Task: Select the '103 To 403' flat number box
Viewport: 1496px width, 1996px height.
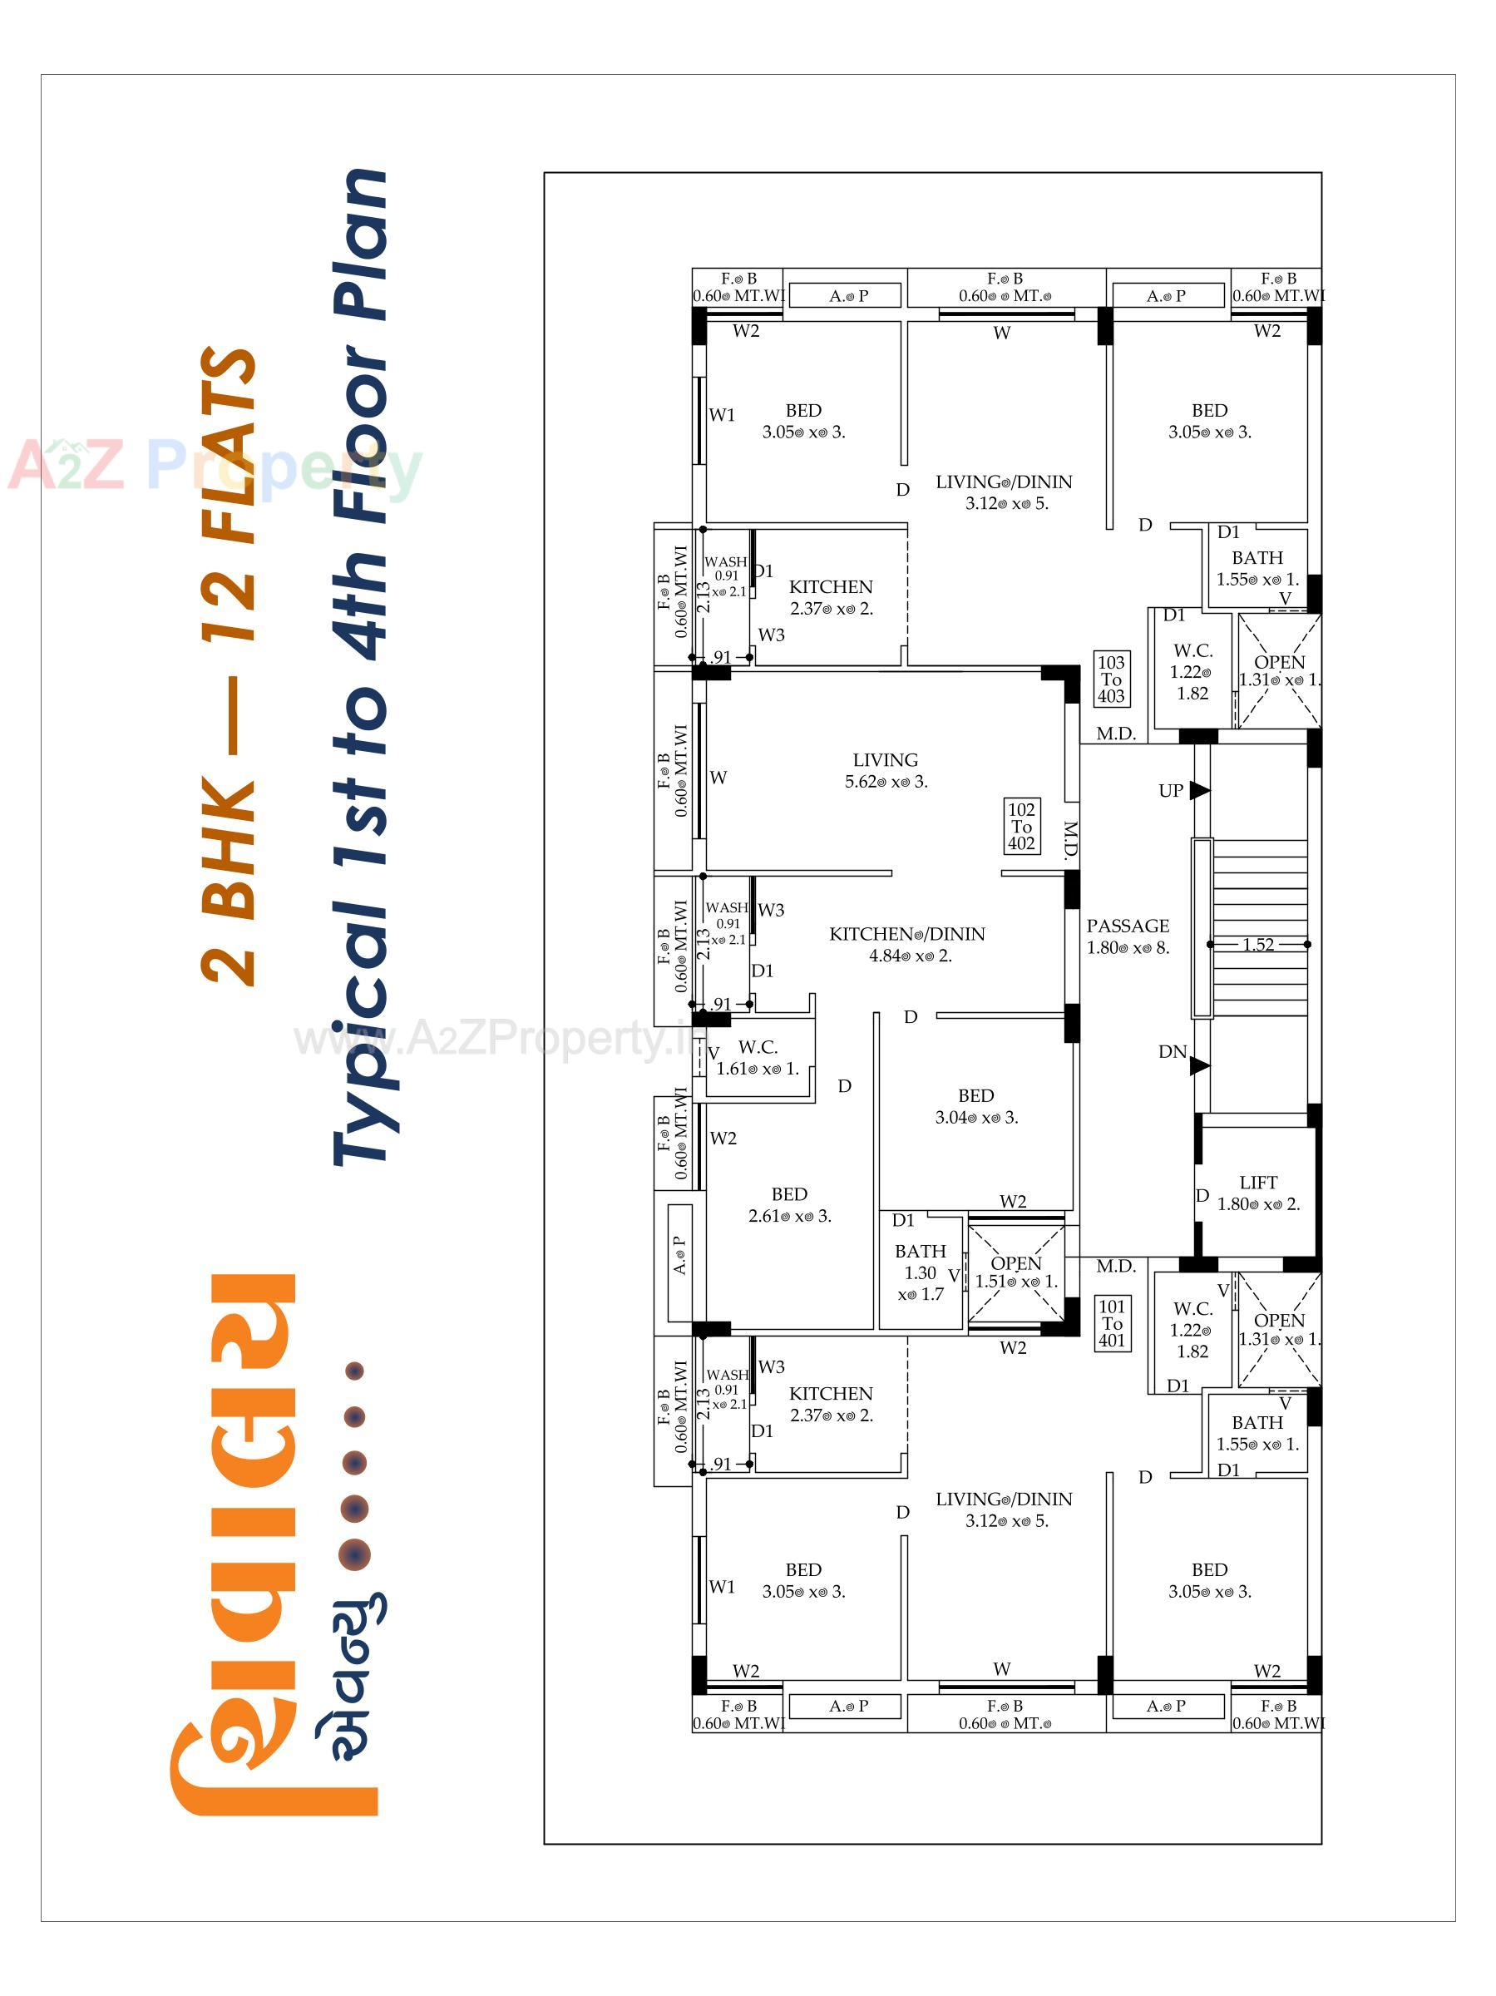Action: coord(1111,679)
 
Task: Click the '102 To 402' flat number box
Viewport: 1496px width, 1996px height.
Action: coord(1021,826)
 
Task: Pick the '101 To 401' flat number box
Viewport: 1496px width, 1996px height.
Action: coord(1112,1323)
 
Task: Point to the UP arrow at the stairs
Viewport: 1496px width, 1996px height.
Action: coord(1198,790)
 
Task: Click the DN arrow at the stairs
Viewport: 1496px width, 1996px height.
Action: coord(1198,1065)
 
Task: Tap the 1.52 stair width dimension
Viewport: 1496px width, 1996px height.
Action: coord(1258,945)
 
